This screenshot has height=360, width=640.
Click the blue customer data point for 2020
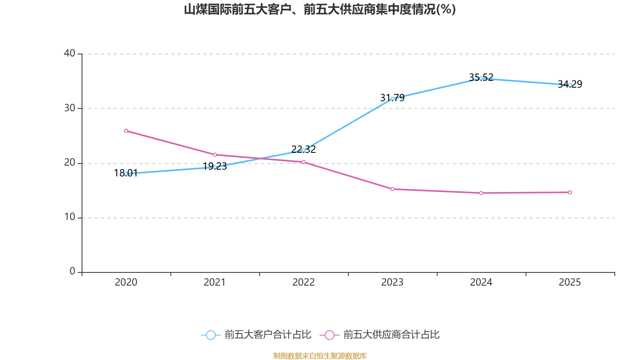tap(126, 174)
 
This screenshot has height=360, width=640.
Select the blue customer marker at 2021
tap(215, 167)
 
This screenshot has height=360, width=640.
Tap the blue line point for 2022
tap(304, 150)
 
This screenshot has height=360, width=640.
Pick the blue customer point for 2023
tap(392, 98)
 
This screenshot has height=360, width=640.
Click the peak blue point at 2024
tap(481, 78)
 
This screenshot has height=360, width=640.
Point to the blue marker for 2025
tap(570, 85)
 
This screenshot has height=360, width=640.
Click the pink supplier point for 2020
tap(126, 131)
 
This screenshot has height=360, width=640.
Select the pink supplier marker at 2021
tap(215, 155)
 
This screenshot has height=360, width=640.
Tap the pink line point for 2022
tap(304, 162)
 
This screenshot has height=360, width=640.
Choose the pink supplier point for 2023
tap(392, 189)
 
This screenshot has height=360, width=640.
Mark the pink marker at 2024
tap(481, 193)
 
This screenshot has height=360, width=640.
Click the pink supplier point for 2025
tap(570, 192)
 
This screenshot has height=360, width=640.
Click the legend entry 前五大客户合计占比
tap(256, 335)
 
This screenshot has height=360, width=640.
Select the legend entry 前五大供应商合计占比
tap(380, 335)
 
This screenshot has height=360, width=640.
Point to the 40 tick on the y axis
tap(70, 53)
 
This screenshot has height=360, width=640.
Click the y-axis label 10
tap(70, 217)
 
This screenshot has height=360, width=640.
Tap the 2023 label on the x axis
tap(392, 282)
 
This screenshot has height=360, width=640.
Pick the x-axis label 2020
tap(126, 282)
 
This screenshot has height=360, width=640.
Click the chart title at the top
tap(320, 9)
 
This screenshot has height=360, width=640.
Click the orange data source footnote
tap(320, 356)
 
